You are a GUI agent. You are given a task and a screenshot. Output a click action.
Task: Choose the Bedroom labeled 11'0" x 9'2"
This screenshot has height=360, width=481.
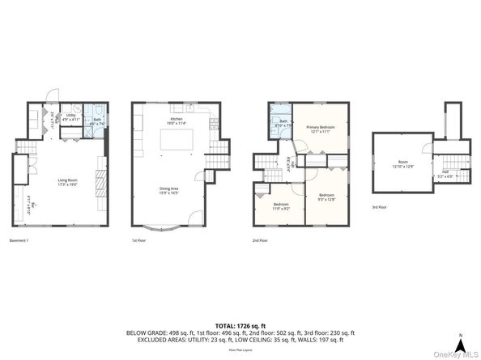(281, 205)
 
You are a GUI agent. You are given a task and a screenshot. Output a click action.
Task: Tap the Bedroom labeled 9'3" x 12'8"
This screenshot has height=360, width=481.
(326, 197)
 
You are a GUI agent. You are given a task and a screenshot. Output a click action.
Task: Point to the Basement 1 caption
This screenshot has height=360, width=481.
(19, 240)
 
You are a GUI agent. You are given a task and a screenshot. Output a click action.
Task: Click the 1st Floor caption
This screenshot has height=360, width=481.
(139, 240)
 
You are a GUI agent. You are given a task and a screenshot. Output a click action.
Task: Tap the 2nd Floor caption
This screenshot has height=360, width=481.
(260, 240)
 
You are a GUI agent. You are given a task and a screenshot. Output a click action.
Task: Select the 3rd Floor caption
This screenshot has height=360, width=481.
(380, 208)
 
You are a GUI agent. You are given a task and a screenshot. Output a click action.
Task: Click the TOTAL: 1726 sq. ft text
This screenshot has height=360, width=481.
(240, 325)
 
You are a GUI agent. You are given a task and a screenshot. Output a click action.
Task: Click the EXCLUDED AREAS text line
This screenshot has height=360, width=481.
(240, 340)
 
